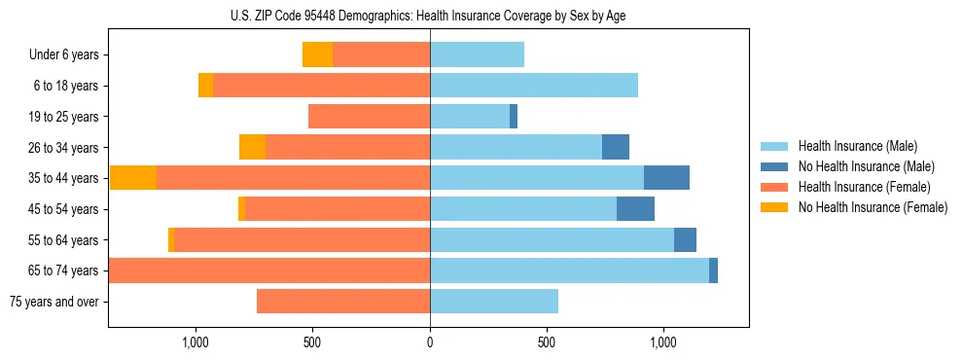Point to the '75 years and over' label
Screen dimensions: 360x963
(53, 302)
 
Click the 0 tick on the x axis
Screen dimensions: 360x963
(430, 342)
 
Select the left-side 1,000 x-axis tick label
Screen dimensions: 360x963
(196, 342)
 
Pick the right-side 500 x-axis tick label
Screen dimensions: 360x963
(547, 342)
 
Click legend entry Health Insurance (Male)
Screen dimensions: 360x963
(858, 146)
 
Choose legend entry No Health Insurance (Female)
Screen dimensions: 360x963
(873, 207)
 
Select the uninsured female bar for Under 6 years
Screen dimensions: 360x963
(317, 55)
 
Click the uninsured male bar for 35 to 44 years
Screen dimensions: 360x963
(666, 178)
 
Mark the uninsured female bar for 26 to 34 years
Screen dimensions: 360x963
(252, 147)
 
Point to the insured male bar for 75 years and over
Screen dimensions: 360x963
(494, 302)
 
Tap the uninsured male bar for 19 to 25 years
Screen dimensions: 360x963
(514, 117)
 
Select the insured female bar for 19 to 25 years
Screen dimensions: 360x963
(369, 117)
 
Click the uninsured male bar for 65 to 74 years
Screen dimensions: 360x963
(713, 270)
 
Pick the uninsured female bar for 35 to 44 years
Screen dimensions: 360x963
(133, 178)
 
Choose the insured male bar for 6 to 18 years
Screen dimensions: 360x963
(534, 86)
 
